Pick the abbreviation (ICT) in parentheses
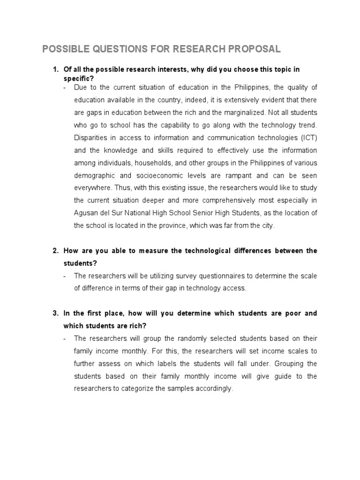307,138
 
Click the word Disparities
91,138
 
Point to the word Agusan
86,213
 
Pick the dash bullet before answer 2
65,276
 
